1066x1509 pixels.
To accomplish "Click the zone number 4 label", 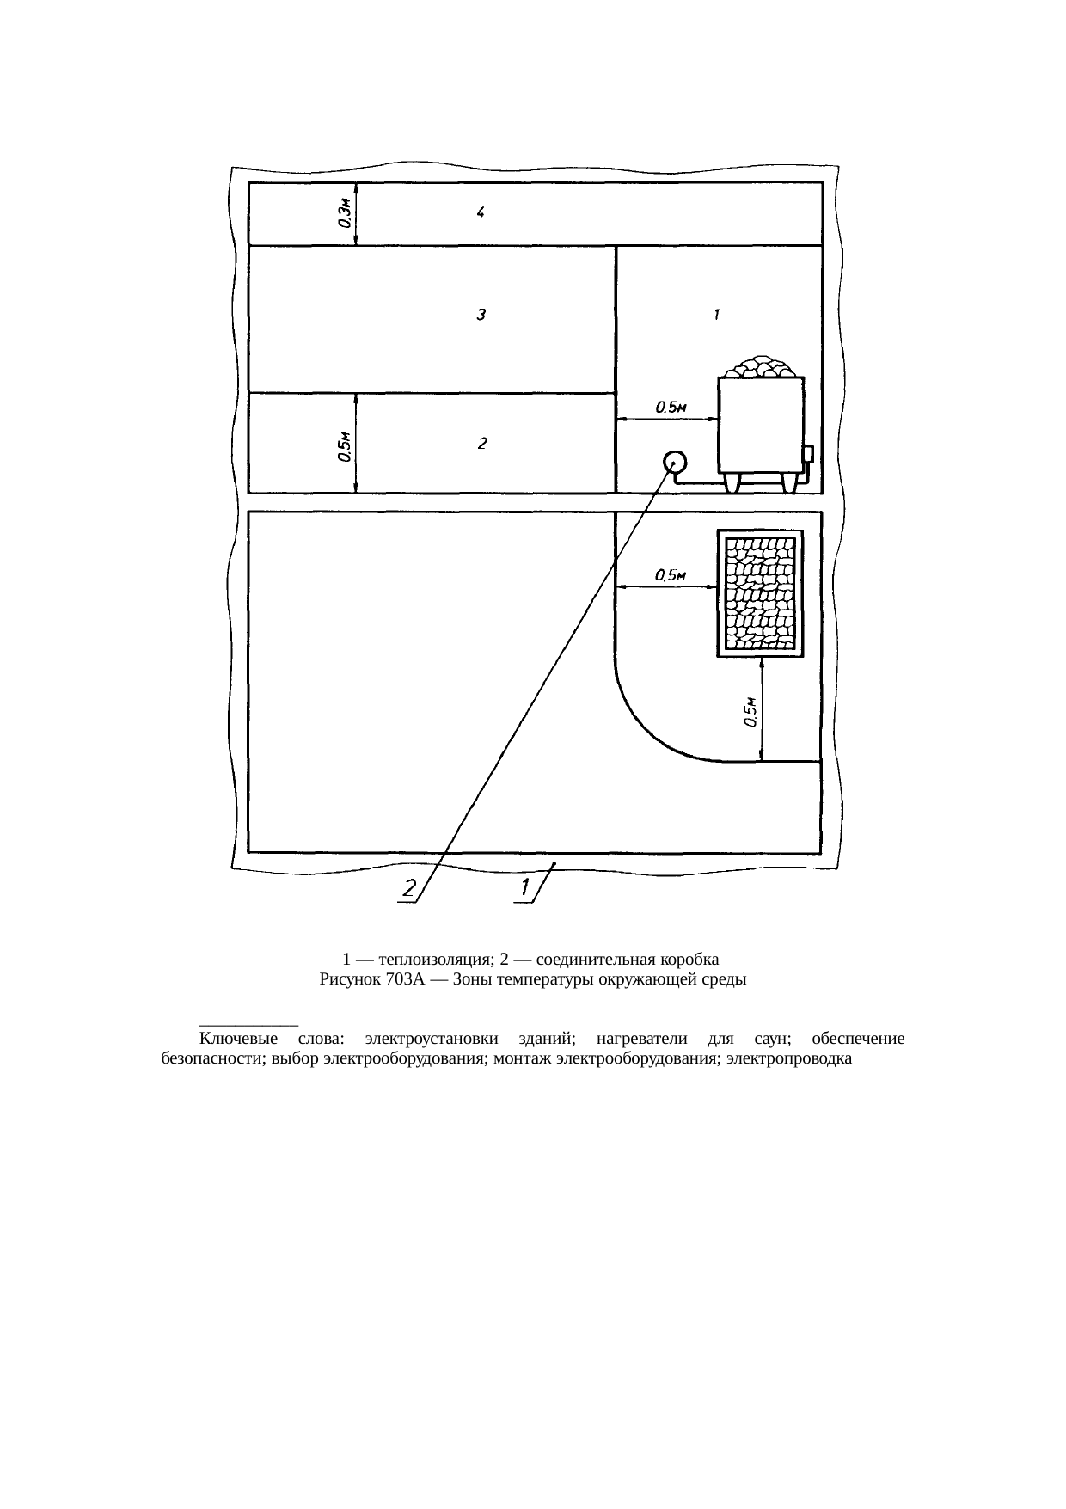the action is coord(482,214).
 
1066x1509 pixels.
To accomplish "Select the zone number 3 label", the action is coord(482,315).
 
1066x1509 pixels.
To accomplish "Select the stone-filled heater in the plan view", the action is coord(760,593).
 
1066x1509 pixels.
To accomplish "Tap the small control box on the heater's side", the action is coord(807,454).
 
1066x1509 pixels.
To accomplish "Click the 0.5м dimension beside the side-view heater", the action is coord(670,408).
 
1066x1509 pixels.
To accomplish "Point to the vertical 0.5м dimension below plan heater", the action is coord(750,712).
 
